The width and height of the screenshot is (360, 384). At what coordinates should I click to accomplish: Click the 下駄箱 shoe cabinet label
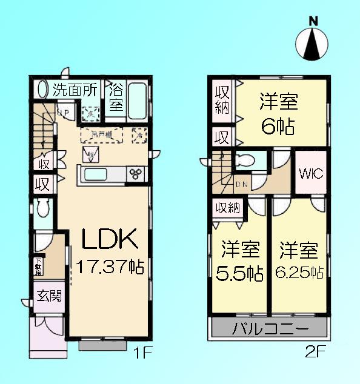pyautogui.click(x=39, y=267)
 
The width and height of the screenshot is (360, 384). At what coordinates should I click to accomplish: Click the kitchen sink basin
pyautogui.click(x=99, y=174)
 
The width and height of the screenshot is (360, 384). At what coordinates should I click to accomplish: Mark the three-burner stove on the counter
pyautogui.click(x=136, y=174)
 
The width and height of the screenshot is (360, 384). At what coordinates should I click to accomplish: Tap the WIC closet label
pyautogui.click(x=312, y=174)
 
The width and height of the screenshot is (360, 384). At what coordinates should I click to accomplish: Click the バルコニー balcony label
pyautogui.click(x=270, y=329)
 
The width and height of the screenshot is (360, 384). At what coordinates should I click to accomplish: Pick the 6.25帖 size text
pyautogui.click(x=299, y=272)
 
